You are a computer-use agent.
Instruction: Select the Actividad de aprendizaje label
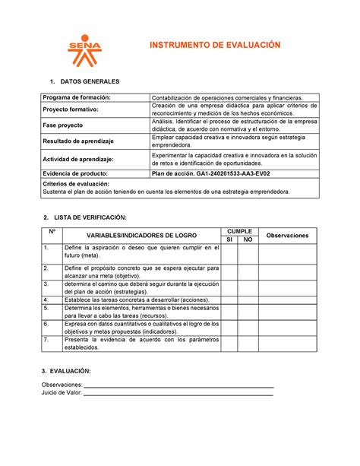coord(78,159)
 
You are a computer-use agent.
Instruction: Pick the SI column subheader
coord(229,239)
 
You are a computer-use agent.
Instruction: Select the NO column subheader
coord(248,239)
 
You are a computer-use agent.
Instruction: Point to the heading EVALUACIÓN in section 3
coord(71,370)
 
